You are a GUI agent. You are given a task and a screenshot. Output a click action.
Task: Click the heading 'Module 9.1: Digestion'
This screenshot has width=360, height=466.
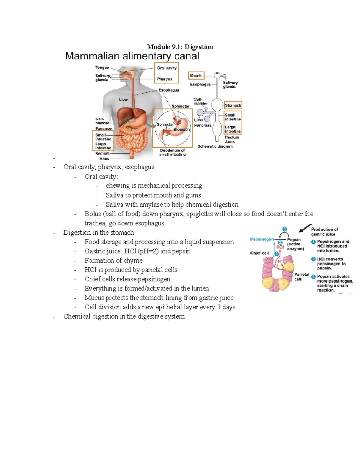180,47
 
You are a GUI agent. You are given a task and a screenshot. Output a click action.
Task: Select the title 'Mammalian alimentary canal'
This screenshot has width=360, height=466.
132,56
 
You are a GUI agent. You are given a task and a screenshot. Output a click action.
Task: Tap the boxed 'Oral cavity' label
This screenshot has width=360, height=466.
167,68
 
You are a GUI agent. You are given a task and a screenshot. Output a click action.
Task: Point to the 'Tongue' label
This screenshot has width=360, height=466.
102,68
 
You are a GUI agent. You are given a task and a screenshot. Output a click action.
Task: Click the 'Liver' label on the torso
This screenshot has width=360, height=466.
124,99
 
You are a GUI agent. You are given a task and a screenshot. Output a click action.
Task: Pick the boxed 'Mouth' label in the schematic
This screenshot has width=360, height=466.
196,76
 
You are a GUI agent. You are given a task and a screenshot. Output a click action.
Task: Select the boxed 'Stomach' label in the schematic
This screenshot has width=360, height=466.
233,105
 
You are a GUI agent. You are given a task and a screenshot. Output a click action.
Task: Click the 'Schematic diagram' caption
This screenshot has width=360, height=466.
215,146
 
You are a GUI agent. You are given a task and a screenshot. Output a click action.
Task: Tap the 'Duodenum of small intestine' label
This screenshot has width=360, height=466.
172,152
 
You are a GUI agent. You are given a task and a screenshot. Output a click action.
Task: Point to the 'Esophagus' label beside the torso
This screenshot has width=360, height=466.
169,90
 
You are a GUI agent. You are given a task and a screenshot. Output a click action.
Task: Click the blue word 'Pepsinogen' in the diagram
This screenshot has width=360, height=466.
262,239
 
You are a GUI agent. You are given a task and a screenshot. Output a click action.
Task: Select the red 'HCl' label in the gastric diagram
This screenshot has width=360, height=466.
280,247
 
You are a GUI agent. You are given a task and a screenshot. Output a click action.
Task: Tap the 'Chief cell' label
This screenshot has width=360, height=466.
259,253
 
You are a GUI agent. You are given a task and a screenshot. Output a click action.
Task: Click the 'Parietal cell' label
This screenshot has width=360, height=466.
301,277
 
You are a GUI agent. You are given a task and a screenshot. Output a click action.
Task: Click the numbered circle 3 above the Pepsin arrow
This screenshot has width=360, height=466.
284,229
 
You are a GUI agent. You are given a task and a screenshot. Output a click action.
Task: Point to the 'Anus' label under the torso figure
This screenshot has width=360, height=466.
104,158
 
